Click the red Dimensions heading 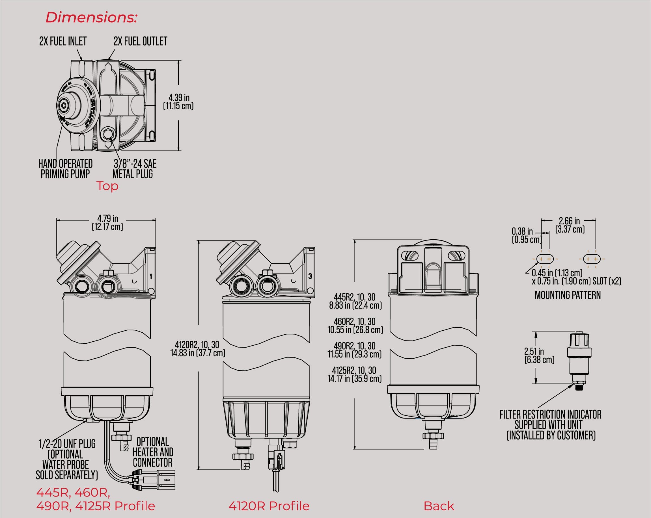[91, 18]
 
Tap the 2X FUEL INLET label [63, 41]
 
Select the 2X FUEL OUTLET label [140, 41]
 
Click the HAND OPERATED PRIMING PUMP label [65, 169]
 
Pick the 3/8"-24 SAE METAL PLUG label [134, 169]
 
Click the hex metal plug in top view [108, 134]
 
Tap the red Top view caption [107, 186]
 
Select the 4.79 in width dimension [107, 223]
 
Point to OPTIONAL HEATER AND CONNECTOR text [153, 452]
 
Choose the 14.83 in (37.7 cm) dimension [197, 349]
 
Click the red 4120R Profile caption [269, 506]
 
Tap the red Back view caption [438, 506]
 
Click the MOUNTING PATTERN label [567, 295]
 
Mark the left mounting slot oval [545, 259]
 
